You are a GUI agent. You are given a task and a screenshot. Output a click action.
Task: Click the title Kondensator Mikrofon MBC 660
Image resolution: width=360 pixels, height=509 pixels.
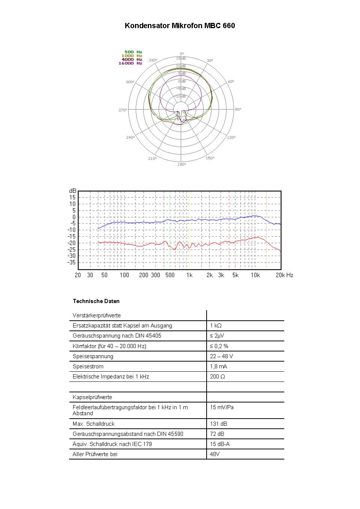point(180,26)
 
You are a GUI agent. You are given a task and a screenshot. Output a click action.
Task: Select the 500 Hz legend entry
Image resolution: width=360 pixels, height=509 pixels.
point(133,52)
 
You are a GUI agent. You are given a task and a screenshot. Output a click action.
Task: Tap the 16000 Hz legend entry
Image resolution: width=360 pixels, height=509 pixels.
point(130,63)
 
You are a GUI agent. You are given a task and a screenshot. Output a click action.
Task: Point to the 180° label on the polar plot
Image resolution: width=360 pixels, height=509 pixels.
point(181,165)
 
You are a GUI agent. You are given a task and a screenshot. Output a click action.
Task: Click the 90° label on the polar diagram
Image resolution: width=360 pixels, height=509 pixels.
point(238,110)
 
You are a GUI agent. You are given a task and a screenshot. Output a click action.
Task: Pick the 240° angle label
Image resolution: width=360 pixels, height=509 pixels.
point(130,138)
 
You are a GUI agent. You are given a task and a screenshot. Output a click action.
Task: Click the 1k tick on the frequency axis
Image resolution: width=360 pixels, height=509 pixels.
point(189,275)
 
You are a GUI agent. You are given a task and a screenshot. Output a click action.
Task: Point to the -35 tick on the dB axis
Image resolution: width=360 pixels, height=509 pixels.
point(72,263)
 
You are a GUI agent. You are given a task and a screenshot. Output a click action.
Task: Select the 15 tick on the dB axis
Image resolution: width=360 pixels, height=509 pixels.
point(72,197)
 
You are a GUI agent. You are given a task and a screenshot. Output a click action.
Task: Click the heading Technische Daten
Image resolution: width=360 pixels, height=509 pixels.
point(96,301)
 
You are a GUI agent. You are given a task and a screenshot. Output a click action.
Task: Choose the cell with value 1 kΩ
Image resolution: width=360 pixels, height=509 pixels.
point(216,326)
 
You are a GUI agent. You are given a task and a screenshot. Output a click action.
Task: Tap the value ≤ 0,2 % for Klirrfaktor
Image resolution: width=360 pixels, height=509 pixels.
point(219,346)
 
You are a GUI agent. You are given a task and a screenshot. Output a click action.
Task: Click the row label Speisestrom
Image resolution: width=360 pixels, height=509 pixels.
point(88,366)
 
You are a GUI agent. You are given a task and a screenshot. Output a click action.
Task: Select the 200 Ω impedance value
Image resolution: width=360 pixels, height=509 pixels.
point(217,377)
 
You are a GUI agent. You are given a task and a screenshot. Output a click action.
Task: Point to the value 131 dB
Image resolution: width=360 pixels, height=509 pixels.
point(219,424)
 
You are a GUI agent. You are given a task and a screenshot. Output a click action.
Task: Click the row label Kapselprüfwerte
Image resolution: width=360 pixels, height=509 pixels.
point(92,397)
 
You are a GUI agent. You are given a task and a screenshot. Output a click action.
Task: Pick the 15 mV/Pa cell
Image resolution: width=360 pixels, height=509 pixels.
point(222,407)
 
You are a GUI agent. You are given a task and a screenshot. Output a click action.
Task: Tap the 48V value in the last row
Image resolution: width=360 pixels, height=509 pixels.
point(214,454)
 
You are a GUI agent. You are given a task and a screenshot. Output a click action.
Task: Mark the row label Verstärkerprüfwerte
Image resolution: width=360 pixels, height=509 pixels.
point(97,315)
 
